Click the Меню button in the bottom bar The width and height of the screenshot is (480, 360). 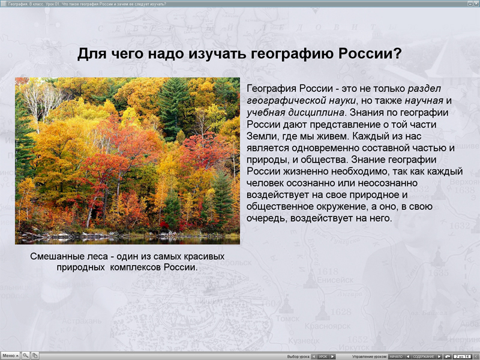(10, 356)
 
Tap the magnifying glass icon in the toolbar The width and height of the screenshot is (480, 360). (26, 356)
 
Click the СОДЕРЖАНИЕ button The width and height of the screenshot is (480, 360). (423, 356)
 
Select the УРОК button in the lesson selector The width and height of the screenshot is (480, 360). (323, 356)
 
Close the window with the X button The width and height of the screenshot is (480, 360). (475, 4)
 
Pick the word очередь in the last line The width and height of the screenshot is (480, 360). (265, 218)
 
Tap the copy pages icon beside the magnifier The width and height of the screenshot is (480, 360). (35, 356)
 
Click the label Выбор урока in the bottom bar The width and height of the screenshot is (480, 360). (298, 356)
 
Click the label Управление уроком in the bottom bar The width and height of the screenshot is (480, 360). (370, 356)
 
